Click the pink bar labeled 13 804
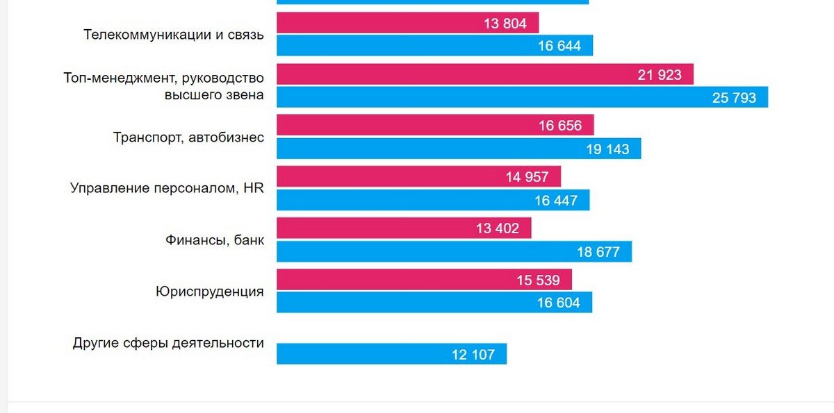tap(407, 23)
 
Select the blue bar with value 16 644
tap(434, 46)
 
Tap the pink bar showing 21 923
tap(484, 74)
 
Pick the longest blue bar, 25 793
tap(522, 97)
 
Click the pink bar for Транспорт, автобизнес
tap(435, 126)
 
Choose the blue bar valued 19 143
tap(459, 149)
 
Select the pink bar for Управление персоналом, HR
tap(418, 176)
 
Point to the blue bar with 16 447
tap(433, 200)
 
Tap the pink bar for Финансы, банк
tap(404, 228)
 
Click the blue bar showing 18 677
tap(454, 251)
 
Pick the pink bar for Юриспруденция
tap(424, 280)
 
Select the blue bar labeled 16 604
tap(434, 303)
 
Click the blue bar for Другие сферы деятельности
tap(391, 354)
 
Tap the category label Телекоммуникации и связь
tap(173, 34)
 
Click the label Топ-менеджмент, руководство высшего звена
tap(163, 86)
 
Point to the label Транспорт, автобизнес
tap(188, 137)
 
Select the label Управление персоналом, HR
tap(167, 188)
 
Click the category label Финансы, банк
tap(214, 240)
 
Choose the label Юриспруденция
tap(209, 292)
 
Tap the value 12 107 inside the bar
tap(473, 355)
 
